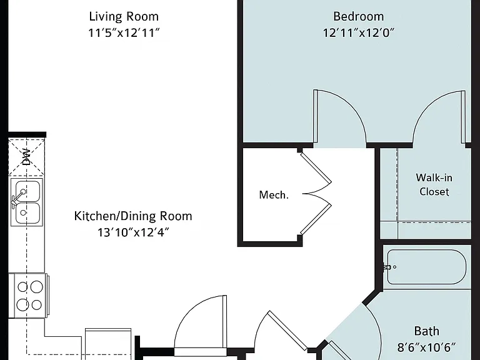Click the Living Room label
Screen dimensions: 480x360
coord(124,17)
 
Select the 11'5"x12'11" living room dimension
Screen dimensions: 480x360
coord(124,32)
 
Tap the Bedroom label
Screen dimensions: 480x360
coord(359,16)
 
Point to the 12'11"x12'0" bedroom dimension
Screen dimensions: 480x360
coord(359,32)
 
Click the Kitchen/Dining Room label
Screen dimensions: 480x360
coord(133,216)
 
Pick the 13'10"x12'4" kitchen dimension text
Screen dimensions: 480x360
coord(133,232)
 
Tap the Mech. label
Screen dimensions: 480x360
coord(274,195)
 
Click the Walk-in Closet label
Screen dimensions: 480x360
coord(434,184)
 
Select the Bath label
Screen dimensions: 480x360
coord(427,331)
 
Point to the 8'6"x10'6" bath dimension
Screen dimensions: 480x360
coord(427,347)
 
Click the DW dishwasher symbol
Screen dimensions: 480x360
coord(27,157)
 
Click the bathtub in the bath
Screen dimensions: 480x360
coord(427,267)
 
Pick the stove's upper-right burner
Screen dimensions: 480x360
coord(36,287)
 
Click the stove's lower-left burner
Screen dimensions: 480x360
coord(22,305)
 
